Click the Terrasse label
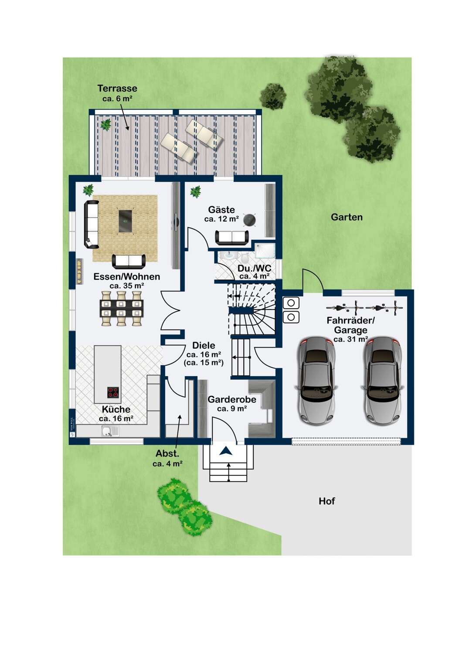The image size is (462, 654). point(117,88)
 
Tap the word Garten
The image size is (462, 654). point(346,217)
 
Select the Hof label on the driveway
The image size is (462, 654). point(326,501)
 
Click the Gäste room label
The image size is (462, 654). point(221,210)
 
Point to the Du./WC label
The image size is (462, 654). point(254,268)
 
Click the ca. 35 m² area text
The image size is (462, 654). point(127,286)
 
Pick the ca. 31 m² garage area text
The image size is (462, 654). point(350,339)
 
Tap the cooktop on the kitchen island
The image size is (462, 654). point(113,392)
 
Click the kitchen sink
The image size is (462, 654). point(110,431)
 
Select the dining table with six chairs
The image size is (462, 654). point(122,308)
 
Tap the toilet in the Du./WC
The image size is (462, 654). point(245,256)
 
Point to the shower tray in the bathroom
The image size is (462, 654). point(265,251)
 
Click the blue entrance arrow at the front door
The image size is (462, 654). point(226,451)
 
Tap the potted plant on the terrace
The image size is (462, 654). point(105,124)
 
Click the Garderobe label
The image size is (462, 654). point(232,399)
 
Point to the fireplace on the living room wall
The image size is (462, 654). point(79,271)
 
